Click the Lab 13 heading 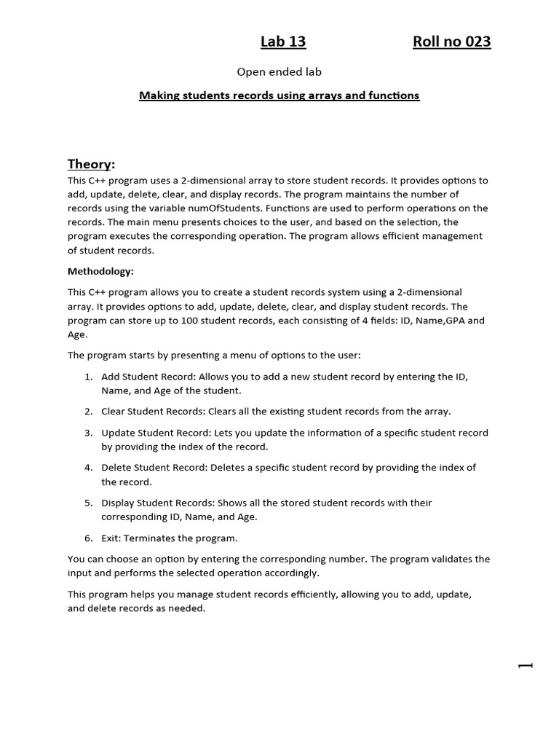283,42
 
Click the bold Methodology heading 100,271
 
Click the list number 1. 87,377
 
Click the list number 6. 87,538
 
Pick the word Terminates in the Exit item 151,538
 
